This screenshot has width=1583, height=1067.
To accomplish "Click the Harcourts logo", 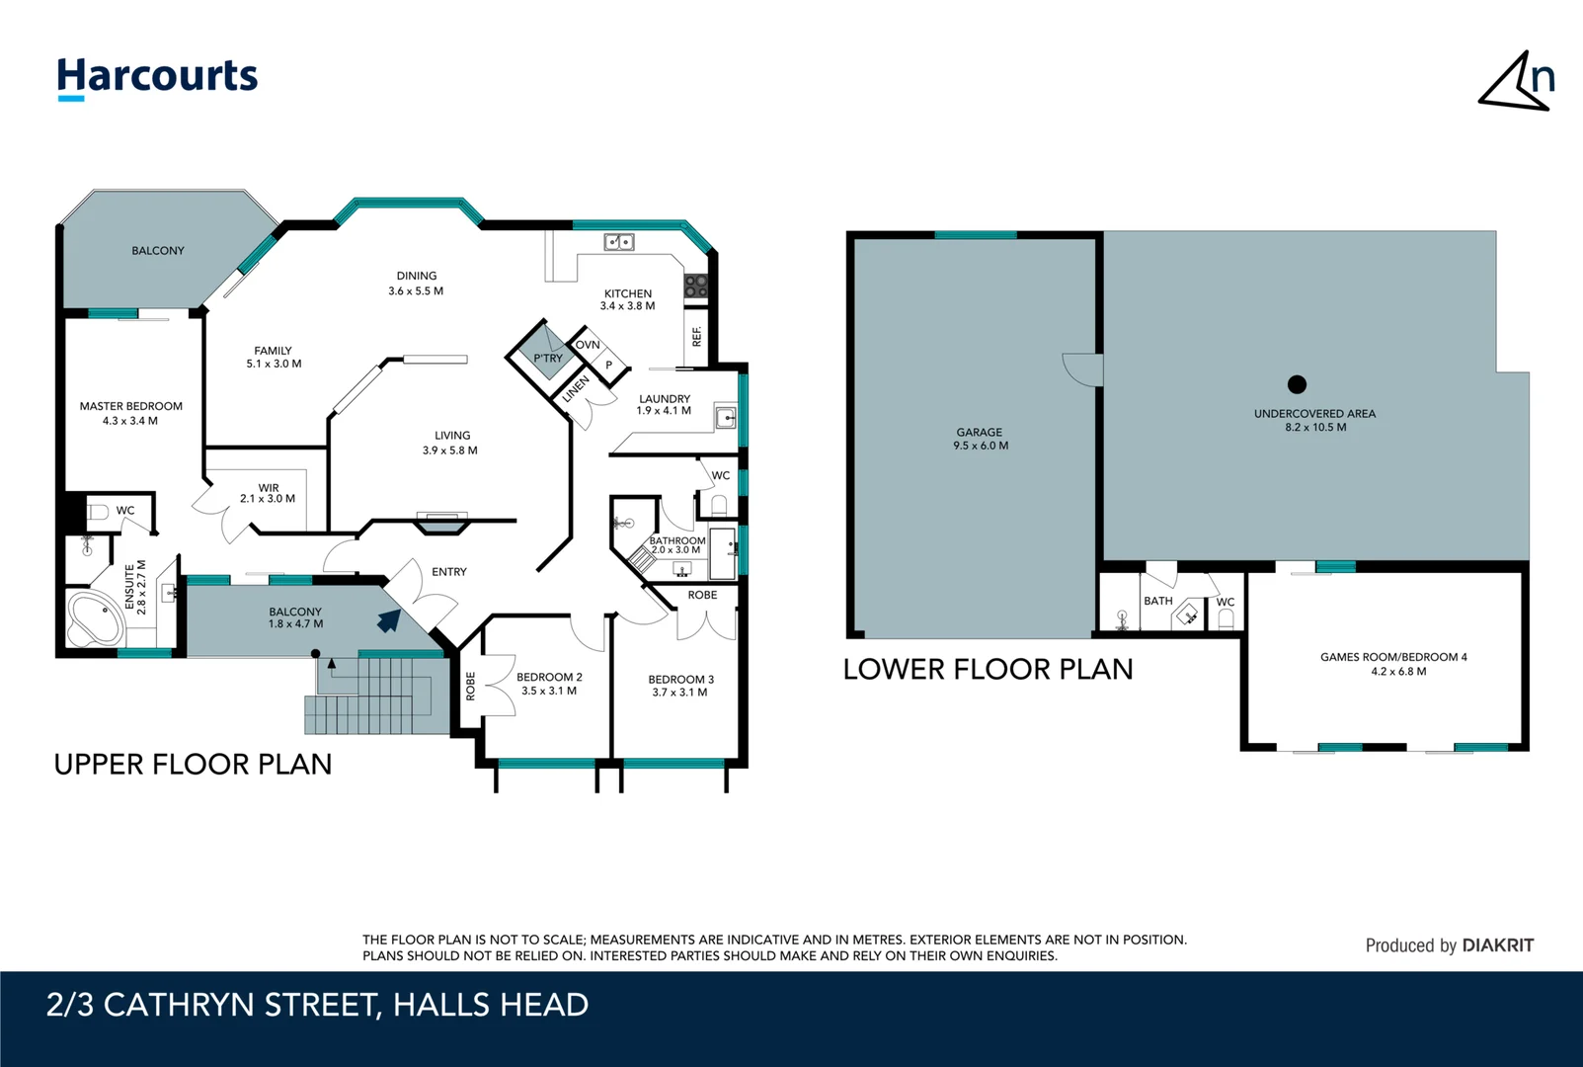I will [x=157, y=77].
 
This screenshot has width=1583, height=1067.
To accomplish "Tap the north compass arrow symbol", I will [x=1516, y=81].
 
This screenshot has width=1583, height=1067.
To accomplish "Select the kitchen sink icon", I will [x=619, y=242].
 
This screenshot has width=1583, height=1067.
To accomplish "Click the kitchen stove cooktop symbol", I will [x=696, y=287].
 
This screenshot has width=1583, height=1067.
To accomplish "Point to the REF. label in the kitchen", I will [x=697, y=336].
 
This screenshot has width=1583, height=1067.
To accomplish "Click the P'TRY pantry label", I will [x=548, y=359].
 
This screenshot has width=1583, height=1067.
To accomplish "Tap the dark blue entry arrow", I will [x=389, y=620].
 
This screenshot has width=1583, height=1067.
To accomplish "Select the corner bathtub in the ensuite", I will [x=93, y=617].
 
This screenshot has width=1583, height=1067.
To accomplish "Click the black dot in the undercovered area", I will [x=1298, y=384].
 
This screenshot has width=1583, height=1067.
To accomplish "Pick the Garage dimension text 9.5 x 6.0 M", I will [x=981, y=447].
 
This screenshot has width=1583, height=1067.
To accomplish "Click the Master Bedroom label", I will [x=130, y=406].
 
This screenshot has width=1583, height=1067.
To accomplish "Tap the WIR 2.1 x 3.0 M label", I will [x=268, y=493].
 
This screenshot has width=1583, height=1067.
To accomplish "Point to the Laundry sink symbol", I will [x=726, y=418].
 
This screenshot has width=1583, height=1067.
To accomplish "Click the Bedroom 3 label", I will [x=680, y=680].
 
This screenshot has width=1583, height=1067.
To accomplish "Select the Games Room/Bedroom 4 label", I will [x=1393, y=657].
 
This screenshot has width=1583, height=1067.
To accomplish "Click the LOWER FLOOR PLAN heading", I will [x=988, y=670].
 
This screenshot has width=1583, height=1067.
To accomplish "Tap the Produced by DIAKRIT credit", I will [x=1449, y=945].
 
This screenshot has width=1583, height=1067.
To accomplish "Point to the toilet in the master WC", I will [x=98, y=512].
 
